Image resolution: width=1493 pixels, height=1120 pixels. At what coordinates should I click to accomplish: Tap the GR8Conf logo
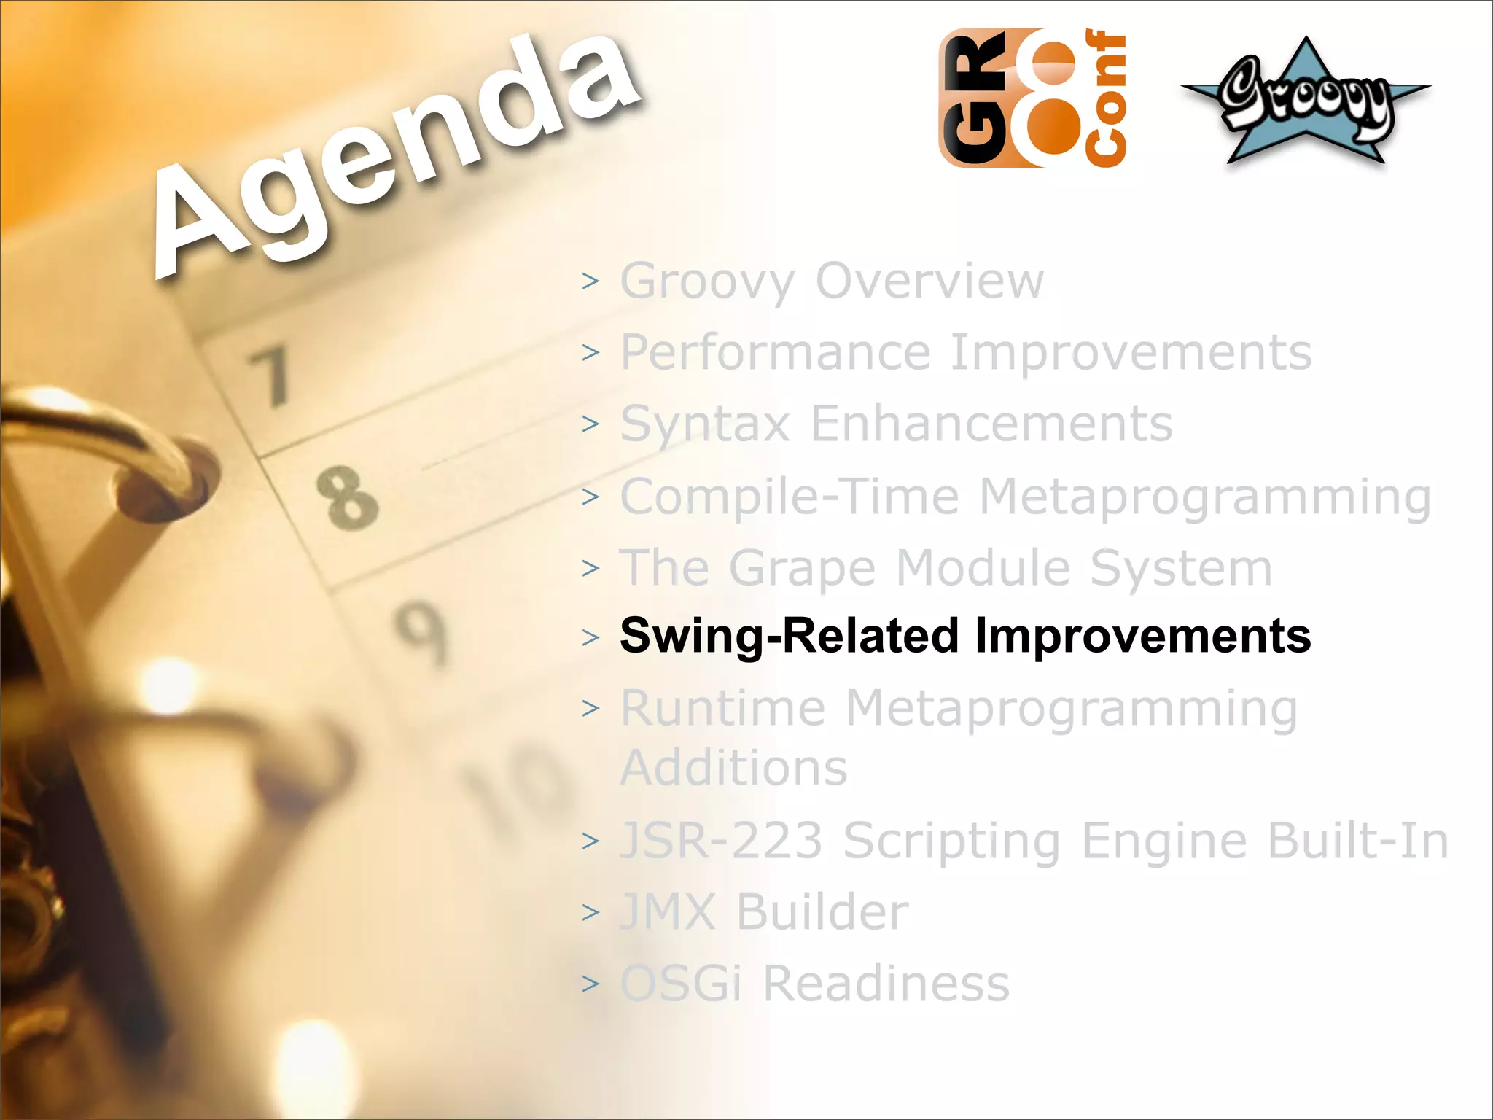coord(1032,98)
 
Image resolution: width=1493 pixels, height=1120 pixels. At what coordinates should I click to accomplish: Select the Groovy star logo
coord(1306,101)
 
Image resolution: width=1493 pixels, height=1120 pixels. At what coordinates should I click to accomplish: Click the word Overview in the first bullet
coord(929,281)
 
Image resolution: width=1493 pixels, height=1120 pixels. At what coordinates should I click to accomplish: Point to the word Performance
coord(776,353)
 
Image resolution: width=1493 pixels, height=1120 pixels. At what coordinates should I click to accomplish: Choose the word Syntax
coord(705,424)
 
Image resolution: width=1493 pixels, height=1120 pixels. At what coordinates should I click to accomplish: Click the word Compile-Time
coord(790,497)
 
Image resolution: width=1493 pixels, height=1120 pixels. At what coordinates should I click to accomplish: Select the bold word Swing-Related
coord(789,636)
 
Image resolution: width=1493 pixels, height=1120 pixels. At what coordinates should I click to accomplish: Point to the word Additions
coord(733,768)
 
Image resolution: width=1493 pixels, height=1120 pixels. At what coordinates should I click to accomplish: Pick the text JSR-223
coord(721,841)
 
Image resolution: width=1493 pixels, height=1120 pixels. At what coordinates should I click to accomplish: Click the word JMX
coord(668,912)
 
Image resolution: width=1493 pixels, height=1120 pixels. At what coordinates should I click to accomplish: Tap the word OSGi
coord(681,984)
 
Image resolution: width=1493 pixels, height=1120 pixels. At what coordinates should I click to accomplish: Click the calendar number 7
coord(271,376)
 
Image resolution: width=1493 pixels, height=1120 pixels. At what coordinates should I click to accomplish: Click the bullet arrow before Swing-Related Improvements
coord(590,638)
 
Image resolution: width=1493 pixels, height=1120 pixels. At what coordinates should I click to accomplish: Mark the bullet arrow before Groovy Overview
coord(590,281)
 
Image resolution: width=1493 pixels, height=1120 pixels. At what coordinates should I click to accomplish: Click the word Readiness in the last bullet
coord(886,984)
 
